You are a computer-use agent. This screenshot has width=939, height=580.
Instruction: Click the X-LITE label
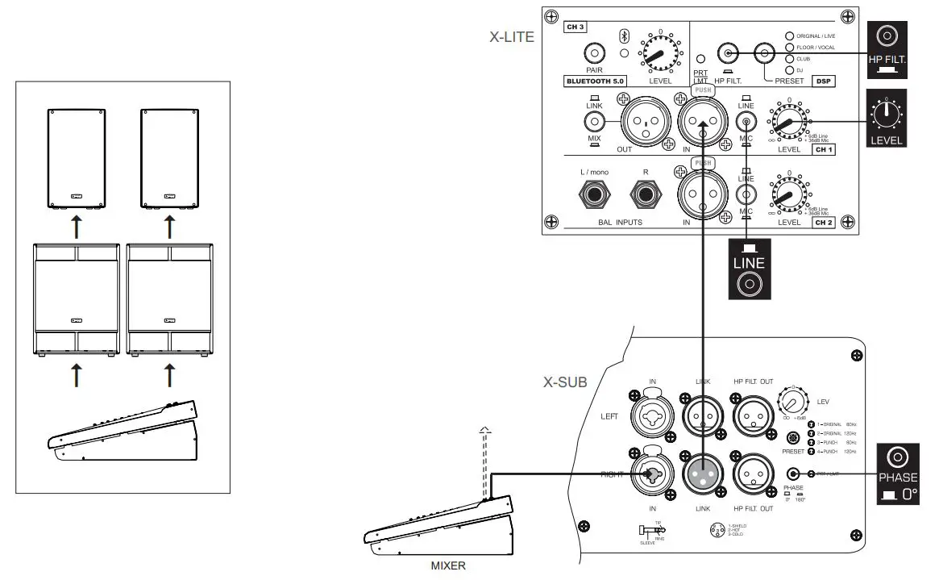512,36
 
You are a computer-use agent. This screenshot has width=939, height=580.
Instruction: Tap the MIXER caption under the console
447,565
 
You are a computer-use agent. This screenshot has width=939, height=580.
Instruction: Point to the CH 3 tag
575,27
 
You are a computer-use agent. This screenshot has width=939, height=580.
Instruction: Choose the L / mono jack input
594,193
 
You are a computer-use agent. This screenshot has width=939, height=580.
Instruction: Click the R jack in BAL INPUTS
646,193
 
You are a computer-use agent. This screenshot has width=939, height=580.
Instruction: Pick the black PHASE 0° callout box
898,474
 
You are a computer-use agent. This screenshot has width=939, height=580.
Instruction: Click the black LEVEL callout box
886,119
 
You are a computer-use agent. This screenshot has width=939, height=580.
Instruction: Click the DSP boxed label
823,81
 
